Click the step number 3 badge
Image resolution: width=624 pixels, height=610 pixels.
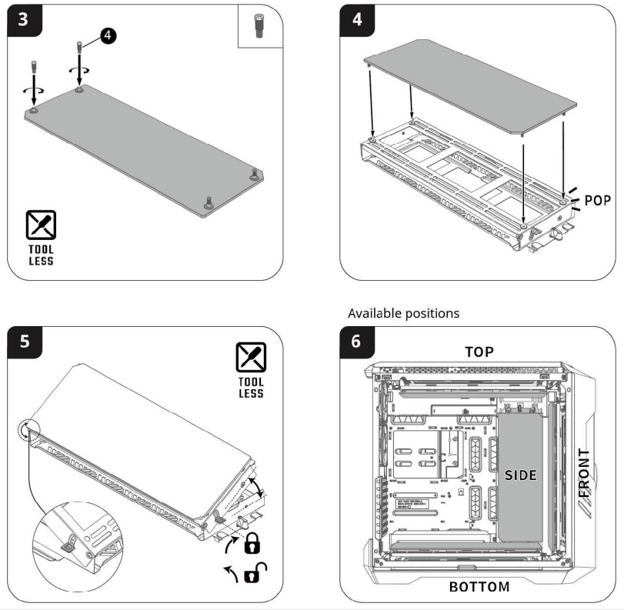coord(25,19)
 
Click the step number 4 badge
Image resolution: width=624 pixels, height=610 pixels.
coord(359,19)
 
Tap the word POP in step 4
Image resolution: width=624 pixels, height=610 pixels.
coord(598,200)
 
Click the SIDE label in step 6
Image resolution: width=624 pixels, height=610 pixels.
coord(521,475)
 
